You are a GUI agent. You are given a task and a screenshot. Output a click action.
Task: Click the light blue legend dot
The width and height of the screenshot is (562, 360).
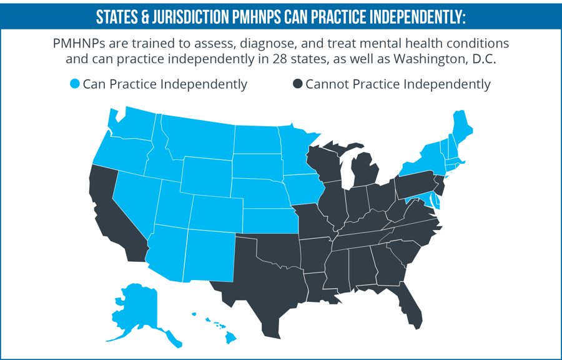pyautogui.click(x=76, y=84)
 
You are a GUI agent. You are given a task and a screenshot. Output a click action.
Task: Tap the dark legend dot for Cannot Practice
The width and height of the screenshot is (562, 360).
pyautogui.click(x=298, y=84)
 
